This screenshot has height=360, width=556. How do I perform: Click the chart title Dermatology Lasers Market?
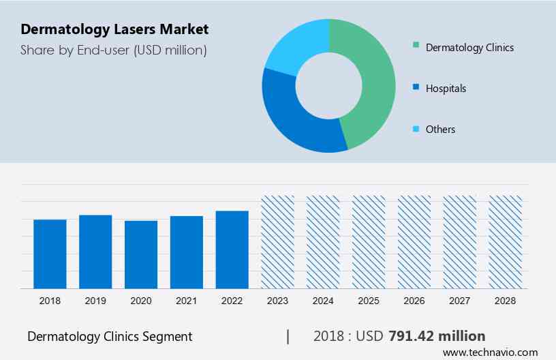click(114, 29)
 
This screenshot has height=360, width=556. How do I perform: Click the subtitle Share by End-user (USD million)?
click(114, 50)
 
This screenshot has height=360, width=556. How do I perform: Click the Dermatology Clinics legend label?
click(469, 47)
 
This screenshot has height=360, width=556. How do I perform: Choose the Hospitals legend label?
click(446, 88)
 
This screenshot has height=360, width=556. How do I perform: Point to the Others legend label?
click(440, 129)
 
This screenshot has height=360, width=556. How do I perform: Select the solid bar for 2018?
click(50, 254)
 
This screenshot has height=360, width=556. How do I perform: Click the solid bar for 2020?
click(141, 254)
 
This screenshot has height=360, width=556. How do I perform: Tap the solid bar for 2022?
click(232, 250)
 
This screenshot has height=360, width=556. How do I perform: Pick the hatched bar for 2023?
click(278, 242)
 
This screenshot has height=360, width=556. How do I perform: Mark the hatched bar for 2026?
click(414, 242)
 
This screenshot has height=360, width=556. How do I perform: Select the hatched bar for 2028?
click(506, 242)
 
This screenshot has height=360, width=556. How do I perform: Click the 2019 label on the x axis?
click(95, 301)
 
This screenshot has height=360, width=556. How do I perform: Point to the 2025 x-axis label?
click(369, 301)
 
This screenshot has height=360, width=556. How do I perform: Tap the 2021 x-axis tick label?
click(187, 301)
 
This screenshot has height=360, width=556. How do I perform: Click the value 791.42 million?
click(437, 336)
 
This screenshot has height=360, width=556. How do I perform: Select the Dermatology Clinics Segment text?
click(110, 336)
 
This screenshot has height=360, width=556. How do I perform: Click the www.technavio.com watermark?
click(490, 352)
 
